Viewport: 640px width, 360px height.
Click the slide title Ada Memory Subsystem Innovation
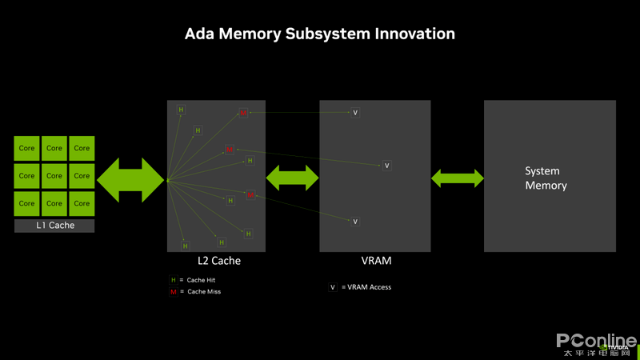320,34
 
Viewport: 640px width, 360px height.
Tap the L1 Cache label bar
54,226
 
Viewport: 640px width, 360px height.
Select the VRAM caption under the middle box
375,261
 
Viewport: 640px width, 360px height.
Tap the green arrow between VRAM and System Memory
458,178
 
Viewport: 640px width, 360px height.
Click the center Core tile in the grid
54,176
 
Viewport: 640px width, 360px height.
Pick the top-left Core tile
27,148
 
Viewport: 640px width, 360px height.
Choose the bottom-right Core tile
82,203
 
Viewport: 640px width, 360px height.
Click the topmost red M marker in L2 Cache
243,113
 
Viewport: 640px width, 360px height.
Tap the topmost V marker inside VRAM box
355,113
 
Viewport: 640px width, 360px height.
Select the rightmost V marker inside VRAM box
386,166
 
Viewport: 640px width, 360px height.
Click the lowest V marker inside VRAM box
355,222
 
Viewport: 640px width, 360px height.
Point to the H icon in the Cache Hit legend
173,280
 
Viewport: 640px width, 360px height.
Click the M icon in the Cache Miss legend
173,292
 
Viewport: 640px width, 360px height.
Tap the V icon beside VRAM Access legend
333,287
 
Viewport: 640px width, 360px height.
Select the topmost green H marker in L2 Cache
181,110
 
